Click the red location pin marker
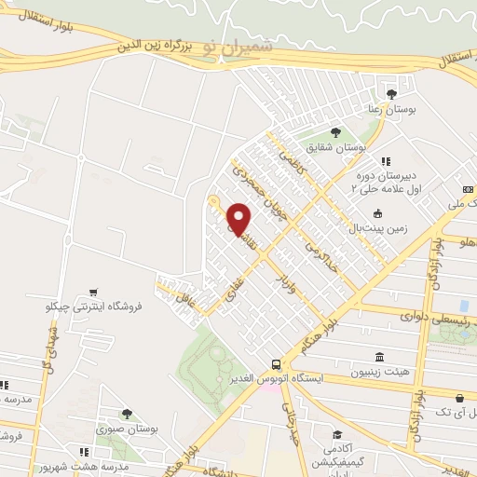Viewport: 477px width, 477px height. (x=239, y=219)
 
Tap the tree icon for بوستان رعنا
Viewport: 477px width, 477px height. (x=392, y=93)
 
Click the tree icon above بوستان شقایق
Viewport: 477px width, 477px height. (x=335, y=132)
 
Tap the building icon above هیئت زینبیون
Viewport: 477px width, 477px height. (x=378, y=357)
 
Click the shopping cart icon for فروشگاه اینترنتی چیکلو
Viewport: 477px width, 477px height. (x=92, y=292)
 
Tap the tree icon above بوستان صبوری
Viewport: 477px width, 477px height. (x=126, y=414)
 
